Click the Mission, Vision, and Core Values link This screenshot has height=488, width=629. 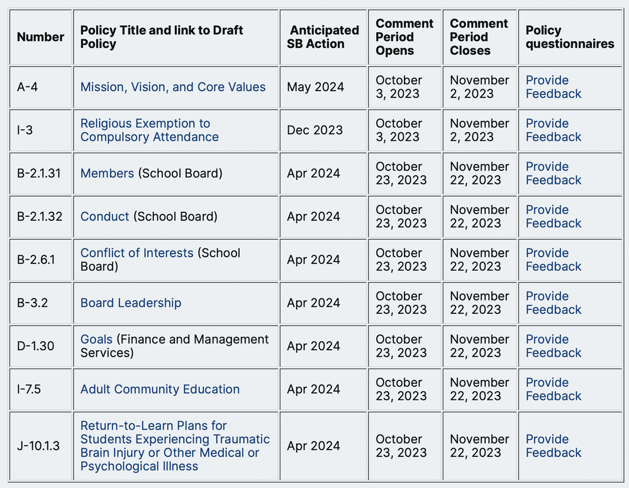click(x=173, y=87)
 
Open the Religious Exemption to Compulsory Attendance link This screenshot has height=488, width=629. click(x=150, y=130)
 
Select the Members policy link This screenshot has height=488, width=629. click(x=107, y=173)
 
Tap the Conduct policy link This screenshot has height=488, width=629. click(x=104, y=216)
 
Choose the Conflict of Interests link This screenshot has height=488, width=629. click(x=136, y=253)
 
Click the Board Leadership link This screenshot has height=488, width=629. click(x=131, y=302)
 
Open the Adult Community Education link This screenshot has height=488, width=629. click(x=160, y=389)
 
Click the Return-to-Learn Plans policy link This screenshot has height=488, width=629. click(x=175, y=446)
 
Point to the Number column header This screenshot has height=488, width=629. click(x=40, y=37)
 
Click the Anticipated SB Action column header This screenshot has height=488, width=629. click(x=323, y=37)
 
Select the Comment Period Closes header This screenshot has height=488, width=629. click(x=479, y=37)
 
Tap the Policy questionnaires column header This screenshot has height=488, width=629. click(x=570, y=37)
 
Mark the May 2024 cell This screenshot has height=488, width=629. click(x=315, y=87)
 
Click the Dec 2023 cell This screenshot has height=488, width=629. click(x=314, y=130)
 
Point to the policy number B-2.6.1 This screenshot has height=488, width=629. click(x=36, y=259)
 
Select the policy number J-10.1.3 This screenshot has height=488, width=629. click(x=38, y=446)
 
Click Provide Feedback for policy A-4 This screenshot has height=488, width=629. click(x=554, y=87)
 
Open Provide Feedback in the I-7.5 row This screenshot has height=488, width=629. click(x=554, y=389)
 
